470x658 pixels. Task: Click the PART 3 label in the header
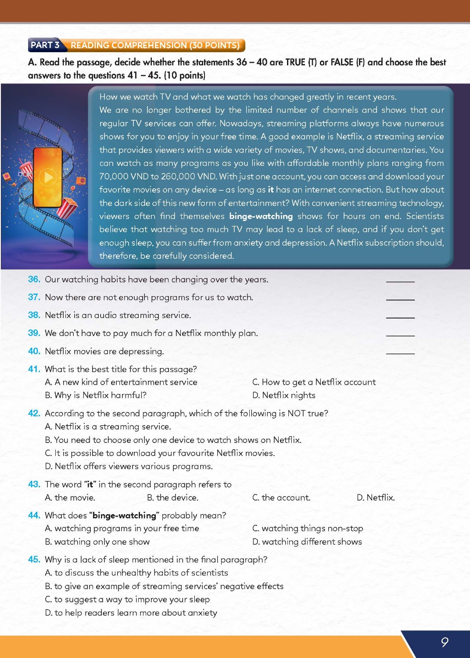[x=45, y=45]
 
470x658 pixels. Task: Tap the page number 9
[x=444, y=642]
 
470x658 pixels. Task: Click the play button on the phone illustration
[x=48, y=177]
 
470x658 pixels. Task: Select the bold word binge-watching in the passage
[x=261, y=216]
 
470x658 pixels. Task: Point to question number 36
[x=34, y=279]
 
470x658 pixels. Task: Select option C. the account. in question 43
[x=281, y=497]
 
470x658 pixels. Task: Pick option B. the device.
[x=172, y=497]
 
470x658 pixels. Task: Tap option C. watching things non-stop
[x=308, y=529]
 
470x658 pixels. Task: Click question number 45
[x=34, y=559]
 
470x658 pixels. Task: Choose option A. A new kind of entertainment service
[x=121, y=382]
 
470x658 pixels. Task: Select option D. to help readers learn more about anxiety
[x=131, y=613]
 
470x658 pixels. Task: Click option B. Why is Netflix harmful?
[x=96, y=395]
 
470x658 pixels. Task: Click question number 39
[x=34, y=333]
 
